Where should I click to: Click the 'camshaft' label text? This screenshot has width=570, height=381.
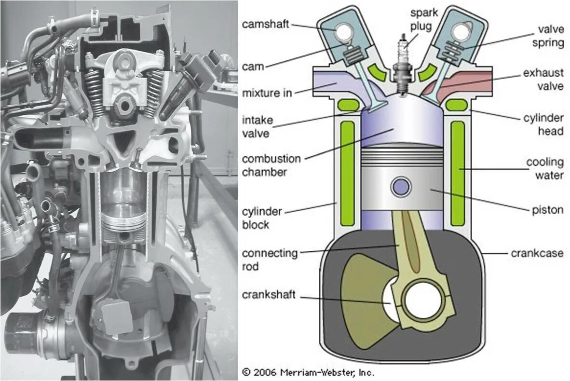[x=266, y=24]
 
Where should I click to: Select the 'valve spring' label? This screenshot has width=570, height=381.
[x=544, y=36]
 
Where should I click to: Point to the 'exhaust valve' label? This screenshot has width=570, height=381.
[x=543, y=80]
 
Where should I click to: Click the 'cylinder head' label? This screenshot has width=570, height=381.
[x=543, y=124]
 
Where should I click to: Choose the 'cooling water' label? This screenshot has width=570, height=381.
[x=545, y=168]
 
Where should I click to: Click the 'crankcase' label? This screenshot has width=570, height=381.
[x=537, y=253]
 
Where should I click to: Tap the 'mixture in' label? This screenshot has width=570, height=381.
[x=267, y=93]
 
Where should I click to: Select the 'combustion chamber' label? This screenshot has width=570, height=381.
[x=271, y=165]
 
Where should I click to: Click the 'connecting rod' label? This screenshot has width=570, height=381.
[x=270, y=259]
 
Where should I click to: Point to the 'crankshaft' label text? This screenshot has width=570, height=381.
[x=269, y=295]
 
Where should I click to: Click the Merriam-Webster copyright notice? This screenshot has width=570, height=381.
[x=308, y=372]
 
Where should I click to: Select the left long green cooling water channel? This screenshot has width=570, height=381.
[x=347, y=174]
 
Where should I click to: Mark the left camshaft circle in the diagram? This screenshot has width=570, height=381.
[x=346, y=32]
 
